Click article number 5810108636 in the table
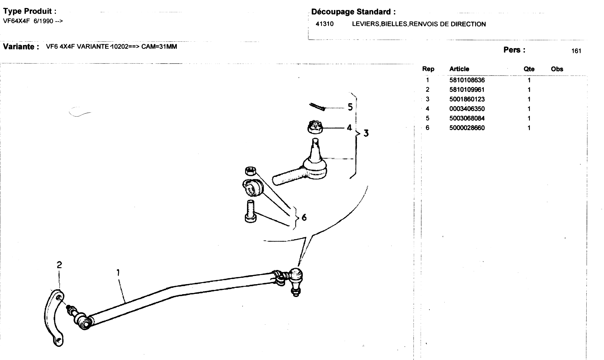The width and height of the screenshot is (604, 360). pos(467,80)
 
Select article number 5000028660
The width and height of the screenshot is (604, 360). pos(467,128)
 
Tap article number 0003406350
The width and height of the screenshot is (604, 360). pos(467,109)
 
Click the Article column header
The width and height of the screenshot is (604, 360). pos(459,69)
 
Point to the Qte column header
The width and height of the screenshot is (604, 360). pos(529,69)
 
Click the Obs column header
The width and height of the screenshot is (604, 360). pos(557,69)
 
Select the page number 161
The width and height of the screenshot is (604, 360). pos(576,51)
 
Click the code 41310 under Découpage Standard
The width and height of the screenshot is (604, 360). pos(325,24)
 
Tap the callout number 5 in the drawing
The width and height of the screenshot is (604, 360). pos(350,107)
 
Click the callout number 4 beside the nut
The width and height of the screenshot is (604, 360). pos(349,128)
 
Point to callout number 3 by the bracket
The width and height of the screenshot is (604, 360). pos(366,133)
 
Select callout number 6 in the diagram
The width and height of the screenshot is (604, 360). pos(304,217)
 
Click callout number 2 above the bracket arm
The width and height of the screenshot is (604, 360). pos(59,265)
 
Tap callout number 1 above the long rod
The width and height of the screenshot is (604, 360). pos(118,273)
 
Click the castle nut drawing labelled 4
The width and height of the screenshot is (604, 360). pos(315,127)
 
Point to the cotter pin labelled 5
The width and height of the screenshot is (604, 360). pos(317,107)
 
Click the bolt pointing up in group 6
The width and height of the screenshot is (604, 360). pos(250,211)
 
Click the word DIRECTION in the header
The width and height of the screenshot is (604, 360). pos(468,24)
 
